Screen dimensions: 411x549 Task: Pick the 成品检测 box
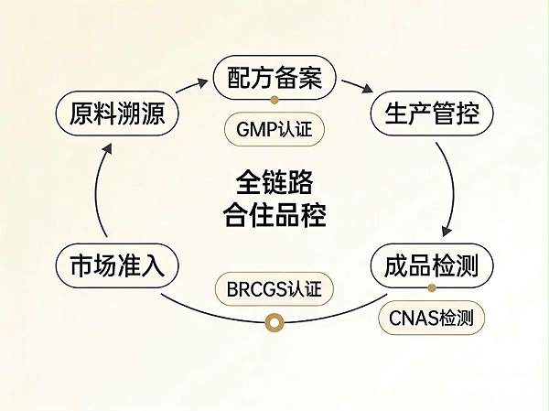click(x=431, y=267)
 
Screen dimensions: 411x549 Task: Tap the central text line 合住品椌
click(x=274, y=216)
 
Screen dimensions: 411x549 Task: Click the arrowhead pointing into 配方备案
click(x=203, y=83)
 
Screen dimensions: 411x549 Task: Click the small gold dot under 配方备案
click(x=274, y=99)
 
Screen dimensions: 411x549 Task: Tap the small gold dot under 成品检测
click(x=432, y=289)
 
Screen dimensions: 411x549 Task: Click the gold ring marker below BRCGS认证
click(x=273, y=321)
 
